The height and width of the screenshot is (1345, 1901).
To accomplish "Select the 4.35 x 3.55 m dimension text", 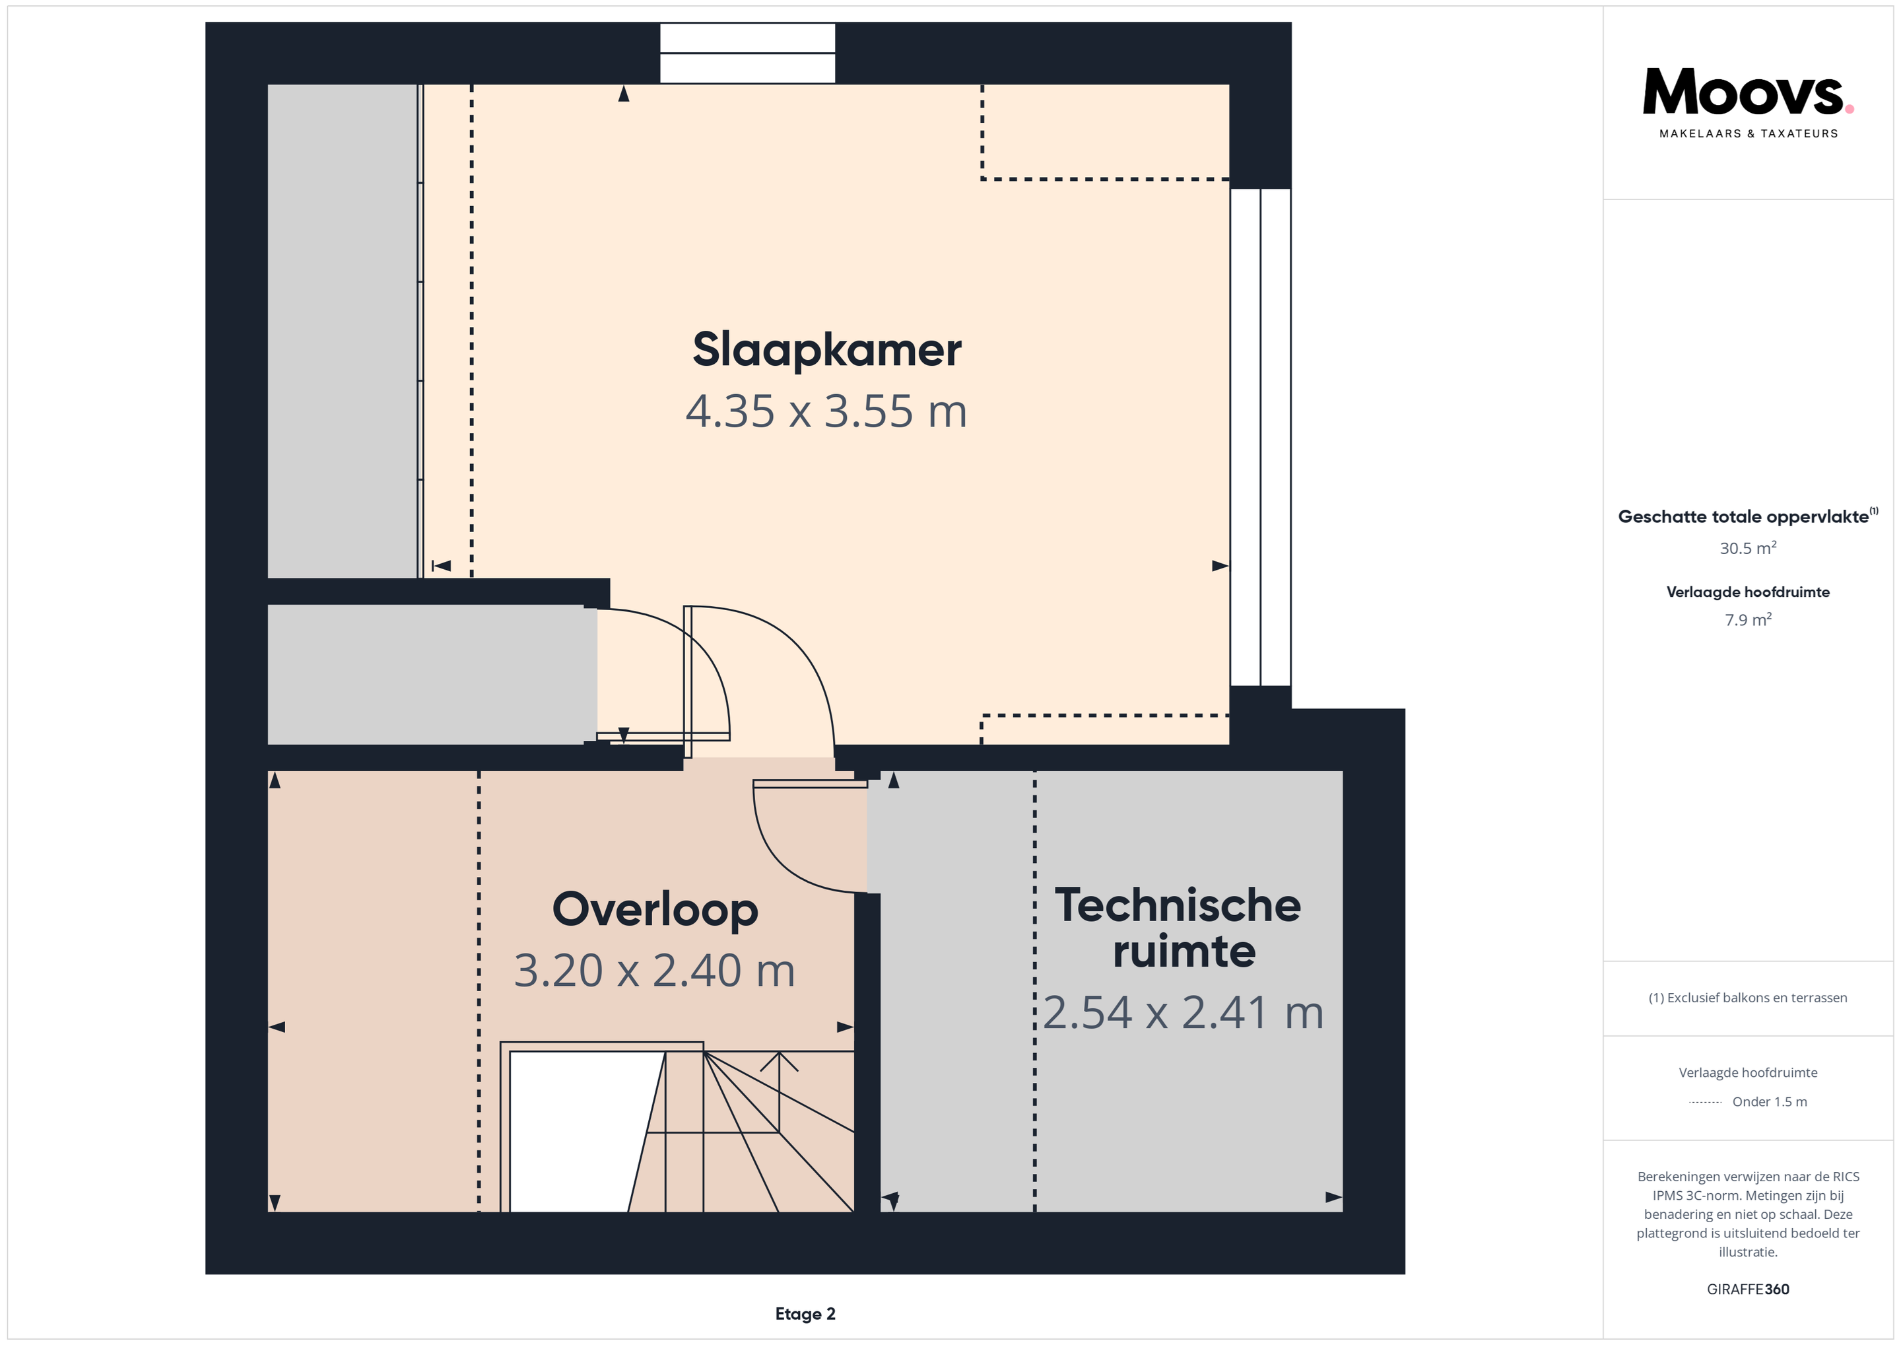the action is coord(826,411).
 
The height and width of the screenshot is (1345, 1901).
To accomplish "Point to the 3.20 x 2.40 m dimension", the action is coord(654,971).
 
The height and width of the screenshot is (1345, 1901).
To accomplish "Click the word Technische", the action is coord(1178,905).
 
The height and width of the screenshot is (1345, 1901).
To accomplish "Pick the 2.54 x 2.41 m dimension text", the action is coord(1183,1012).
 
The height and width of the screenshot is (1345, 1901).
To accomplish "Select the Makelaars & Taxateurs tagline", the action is coord(1748,133).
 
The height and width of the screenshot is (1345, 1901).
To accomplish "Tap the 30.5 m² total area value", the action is coord(1748,547).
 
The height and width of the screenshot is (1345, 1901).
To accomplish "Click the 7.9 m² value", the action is coord(1748,619).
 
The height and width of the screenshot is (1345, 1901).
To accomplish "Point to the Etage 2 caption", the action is coord(805,1313).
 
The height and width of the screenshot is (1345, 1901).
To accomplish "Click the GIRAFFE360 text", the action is coord(1748,1290).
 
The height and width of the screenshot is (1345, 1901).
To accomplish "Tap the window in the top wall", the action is coord(747,53).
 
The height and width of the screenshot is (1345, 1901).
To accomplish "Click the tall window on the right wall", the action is coord(1260,437).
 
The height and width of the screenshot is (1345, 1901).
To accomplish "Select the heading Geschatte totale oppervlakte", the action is coord(1743,517).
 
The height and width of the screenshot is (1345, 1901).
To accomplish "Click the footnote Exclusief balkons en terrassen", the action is coord(1748,998).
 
